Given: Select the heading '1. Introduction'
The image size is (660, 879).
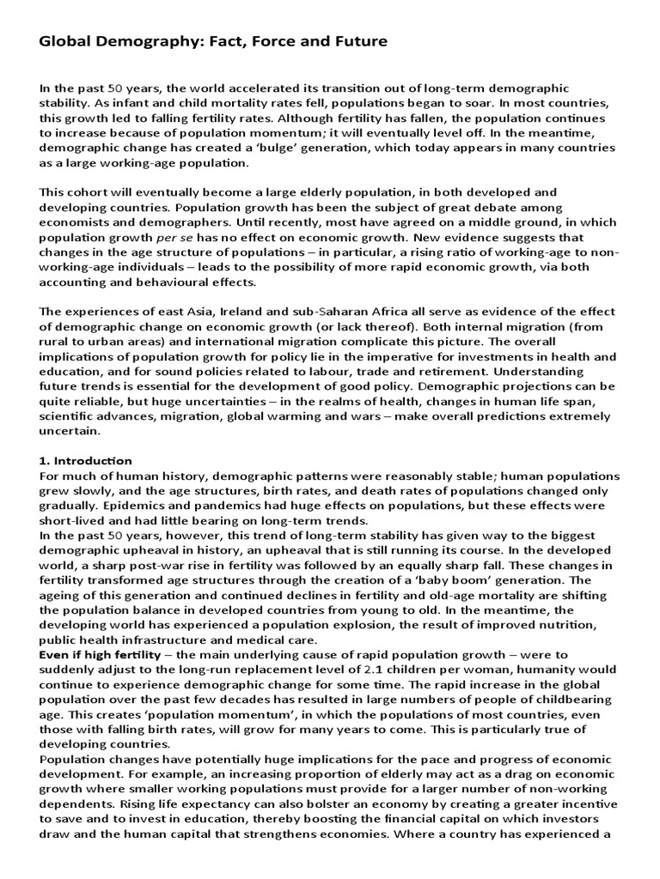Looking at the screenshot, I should coord(86,461).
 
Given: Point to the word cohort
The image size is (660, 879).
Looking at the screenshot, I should coord(90,191).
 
